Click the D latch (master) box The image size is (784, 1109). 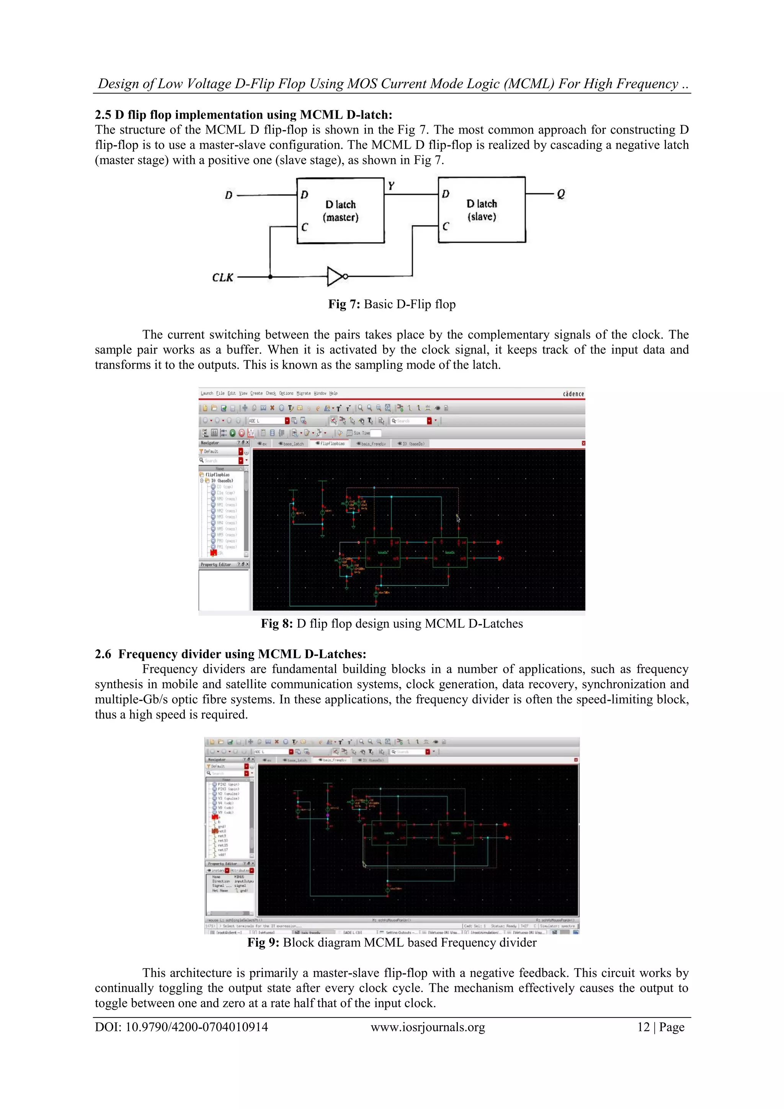[x=340, y=211]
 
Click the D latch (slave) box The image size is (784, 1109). [x=481, y=209]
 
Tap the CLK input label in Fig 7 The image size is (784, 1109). [x=222, y=278]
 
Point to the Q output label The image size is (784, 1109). [x=560, y=194]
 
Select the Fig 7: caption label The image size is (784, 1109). [x=344, y=304]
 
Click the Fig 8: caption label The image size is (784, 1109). [x=277, y=623]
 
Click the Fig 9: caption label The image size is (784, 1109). [x=263, y=942]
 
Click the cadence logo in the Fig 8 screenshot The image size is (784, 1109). [x=573, y=394]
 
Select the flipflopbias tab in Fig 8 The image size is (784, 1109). [x=332, y=443]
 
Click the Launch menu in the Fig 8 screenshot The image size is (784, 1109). [x=207, y=393]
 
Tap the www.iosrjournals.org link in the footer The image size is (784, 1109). [x=428, y=1027]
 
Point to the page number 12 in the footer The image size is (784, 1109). [x=644, y=1027]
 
